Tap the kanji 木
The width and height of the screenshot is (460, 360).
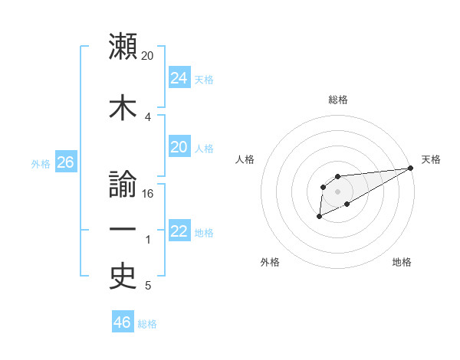(x=123, y=106)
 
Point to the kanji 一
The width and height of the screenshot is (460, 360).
(x=123, y=230)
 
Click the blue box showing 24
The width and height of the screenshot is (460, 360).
(x=179, y=77)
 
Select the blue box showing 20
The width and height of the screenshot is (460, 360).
(x=179, y=146)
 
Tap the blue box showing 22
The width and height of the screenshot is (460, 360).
(x=179, y=231)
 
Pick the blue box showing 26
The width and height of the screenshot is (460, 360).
(x=65, y=162)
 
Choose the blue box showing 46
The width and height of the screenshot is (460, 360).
(x=123, y=322)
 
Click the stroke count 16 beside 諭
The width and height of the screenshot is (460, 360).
(x=148, y=194)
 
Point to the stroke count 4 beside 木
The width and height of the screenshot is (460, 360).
(x=148, y=116)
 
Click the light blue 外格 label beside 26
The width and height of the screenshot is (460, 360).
(x=41, y=164)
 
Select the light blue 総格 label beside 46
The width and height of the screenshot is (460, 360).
(x=147, y=324)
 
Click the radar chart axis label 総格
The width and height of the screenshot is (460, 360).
(x=338, y=100)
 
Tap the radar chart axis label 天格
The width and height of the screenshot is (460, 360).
(x=431, y=159)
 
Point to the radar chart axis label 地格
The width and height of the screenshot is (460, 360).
(x=402, y=263)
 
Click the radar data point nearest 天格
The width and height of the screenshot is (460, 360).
(x=410, y=168)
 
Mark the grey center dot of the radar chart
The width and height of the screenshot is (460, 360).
(x=337, y=191)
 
